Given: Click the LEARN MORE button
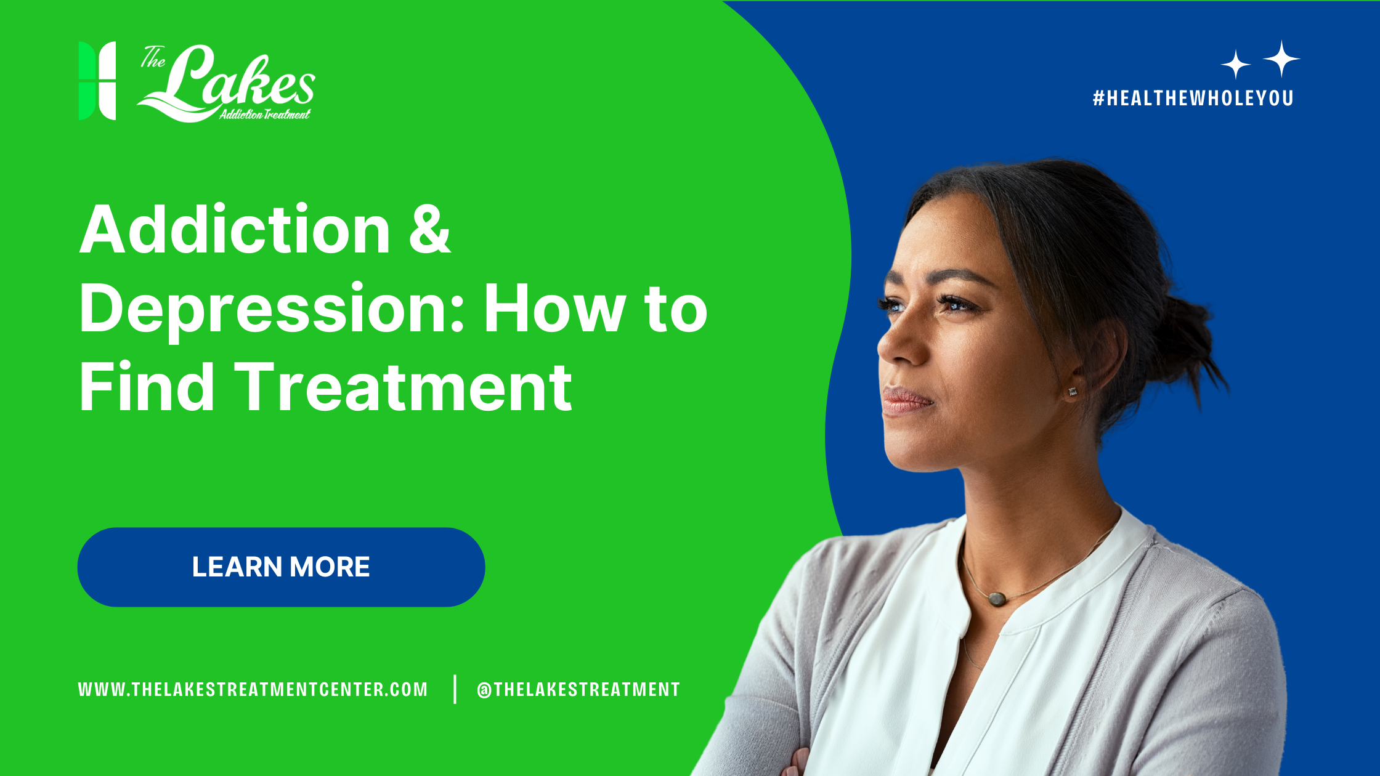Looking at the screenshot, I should point(281,567).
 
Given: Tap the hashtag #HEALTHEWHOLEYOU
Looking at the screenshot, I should point(1193,98).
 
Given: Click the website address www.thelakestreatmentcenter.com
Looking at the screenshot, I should point(253,689).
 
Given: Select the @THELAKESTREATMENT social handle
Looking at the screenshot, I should point(578,689).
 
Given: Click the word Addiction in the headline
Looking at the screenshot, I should point(234,230).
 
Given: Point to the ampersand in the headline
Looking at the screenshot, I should point(429,230).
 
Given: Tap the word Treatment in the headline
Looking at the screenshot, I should point(404,388).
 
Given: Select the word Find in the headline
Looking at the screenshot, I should point(147,388).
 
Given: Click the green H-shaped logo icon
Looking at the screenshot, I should point(97,81).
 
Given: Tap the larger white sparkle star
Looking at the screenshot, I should point(1281,59).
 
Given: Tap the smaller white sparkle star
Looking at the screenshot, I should point(1235,65).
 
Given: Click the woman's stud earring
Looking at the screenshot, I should point(1073,392).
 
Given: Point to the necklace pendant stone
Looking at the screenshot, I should point(997,597).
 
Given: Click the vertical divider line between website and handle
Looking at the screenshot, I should point(455,689).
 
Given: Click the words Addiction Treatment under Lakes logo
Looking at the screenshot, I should point(265,114).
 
